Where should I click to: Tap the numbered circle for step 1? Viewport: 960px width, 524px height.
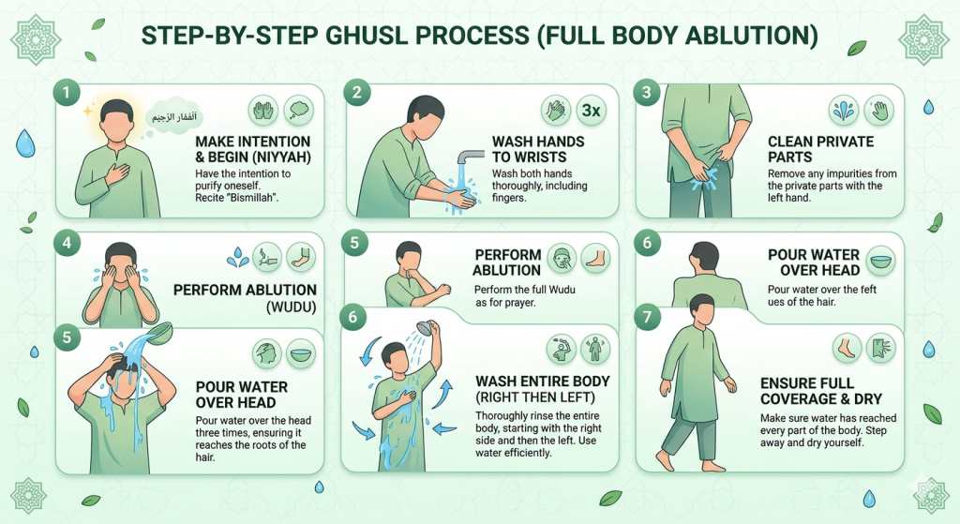pyautogui.click(x=65, y=92)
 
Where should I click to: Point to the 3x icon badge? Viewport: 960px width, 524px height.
pyautogui.click(x=591, y=110)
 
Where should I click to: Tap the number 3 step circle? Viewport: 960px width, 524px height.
pyautogui.click(x=646, y=92)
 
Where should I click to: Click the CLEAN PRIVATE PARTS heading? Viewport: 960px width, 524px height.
pyautogui.click(x=820, y=149)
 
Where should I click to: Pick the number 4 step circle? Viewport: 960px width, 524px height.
pyautogui.click(x=65, y=243)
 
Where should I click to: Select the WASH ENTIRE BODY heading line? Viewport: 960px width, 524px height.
pyautogui.click(x=543, y=382)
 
